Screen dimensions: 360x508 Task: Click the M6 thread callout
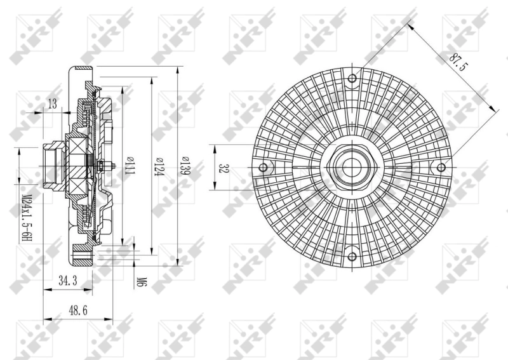click(141, 280)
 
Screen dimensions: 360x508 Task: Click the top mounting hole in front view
click(352, 79)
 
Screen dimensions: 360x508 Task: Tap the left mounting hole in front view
click(263, 168)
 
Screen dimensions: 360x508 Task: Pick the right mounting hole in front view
click(441, 168)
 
